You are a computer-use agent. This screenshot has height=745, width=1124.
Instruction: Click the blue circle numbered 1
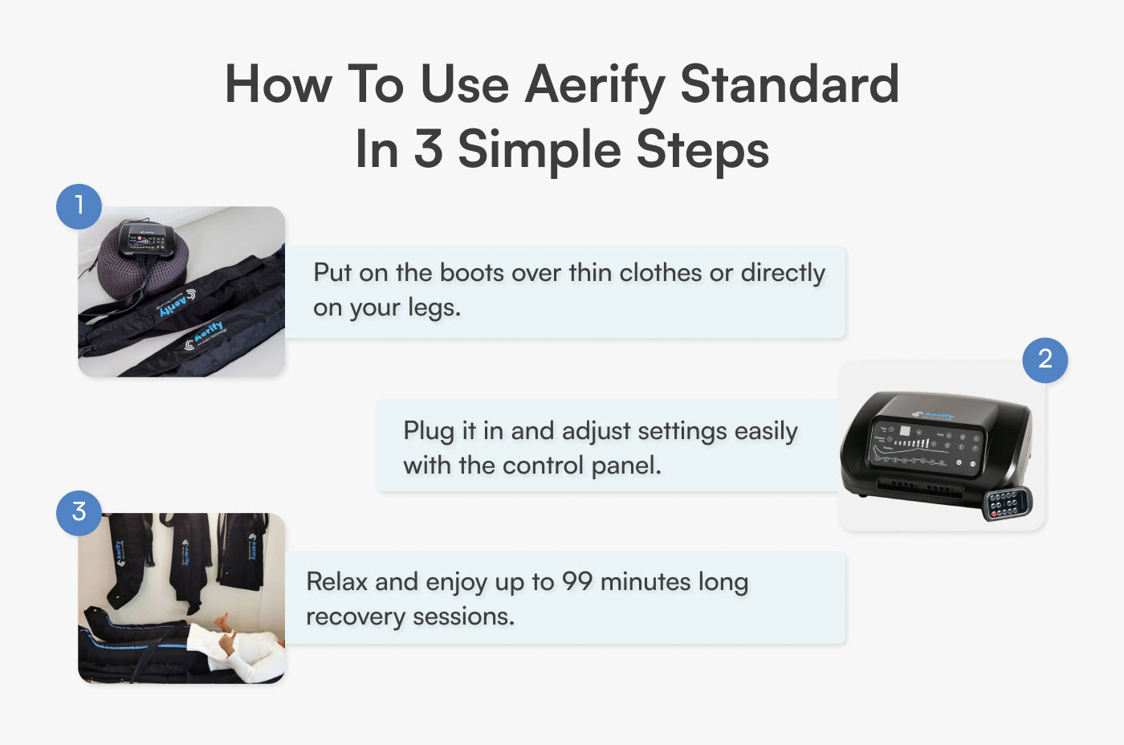pyautogui.click(x=79, y=206)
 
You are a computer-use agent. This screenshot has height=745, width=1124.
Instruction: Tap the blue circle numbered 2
pyautogui.click(x=1045, y=360)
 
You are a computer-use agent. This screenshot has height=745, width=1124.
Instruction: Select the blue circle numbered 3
pyautogui.click(x=79, y=512)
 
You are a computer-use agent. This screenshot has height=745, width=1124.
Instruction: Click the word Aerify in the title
pyautogui.click(x=595, y=84)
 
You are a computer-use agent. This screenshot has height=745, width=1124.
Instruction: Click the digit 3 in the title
pyautogui.click(x=428, y=149)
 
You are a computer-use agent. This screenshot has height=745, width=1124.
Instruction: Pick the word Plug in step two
pyautogui.click(x=428, y=431)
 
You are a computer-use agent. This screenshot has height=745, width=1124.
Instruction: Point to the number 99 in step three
pyautogui.click(x=577, y=581)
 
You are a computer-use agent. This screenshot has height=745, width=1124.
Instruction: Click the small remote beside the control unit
pyautogui.click(x=1007, y=503)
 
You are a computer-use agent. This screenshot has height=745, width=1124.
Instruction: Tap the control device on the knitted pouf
pyautogui.click(x=146, y=240)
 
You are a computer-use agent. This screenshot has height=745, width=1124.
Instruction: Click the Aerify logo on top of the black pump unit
pyautogui.click(x=934, y=415)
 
